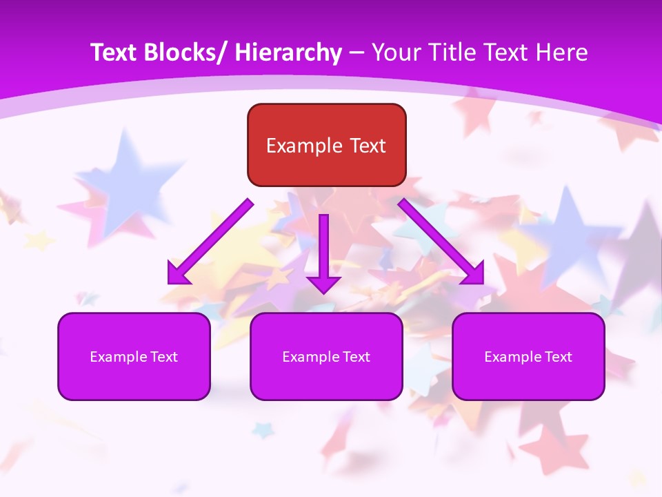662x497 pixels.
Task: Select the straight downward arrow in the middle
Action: click(323, 248)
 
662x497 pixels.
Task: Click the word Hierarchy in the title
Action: click(288, 52)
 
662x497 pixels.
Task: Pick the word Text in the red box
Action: click(367, 146)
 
